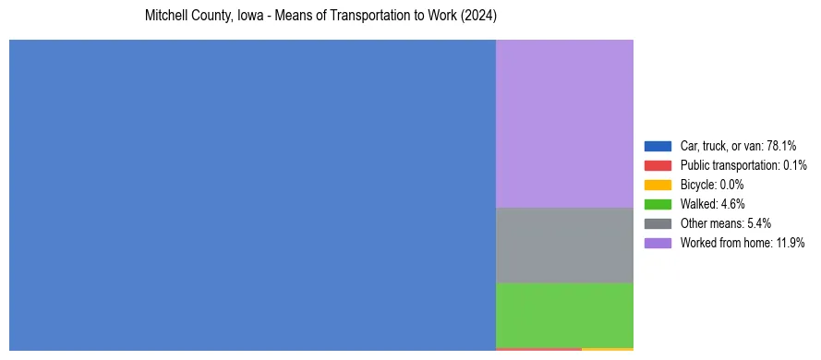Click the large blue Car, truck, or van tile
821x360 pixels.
pyautogui.click(x=252, y=195)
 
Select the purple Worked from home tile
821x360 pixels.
pyautogui.click(x=564, y=124)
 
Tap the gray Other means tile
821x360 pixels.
pyautogui.click(x=564, y=245)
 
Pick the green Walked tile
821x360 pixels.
pyautogui.click(x=564, y=315)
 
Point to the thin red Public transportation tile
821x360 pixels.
pyautogui.click(x=538, y=349)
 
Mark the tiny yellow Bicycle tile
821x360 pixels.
pyautogui.click(x=608, y=349)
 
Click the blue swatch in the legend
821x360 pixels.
pyautogui.click(x=658, y=146)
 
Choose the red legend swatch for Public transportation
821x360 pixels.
pyautogui.click(x=658, y=165)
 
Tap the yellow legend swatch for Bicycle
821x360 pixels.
pyautogui.click(x=658, y=185)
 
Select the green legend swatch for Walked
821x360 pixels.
pyautogui.click(x=658, y=204)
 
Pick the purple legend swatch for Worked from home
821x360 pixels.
pyautogui.click(x=658, y=243)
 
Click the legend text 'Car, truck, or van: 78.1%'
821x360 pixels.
pyautogui.click(x=738, y=146)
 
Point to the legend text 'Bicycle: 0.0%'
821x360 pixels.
pyautogui.click(x=712, y=185)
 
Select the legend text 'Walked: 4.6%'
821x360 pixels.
pyautogui.click(x=712, y=204)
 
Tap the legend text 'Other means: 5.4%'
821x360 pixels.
pyautogui.click(x=725, y=223)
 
